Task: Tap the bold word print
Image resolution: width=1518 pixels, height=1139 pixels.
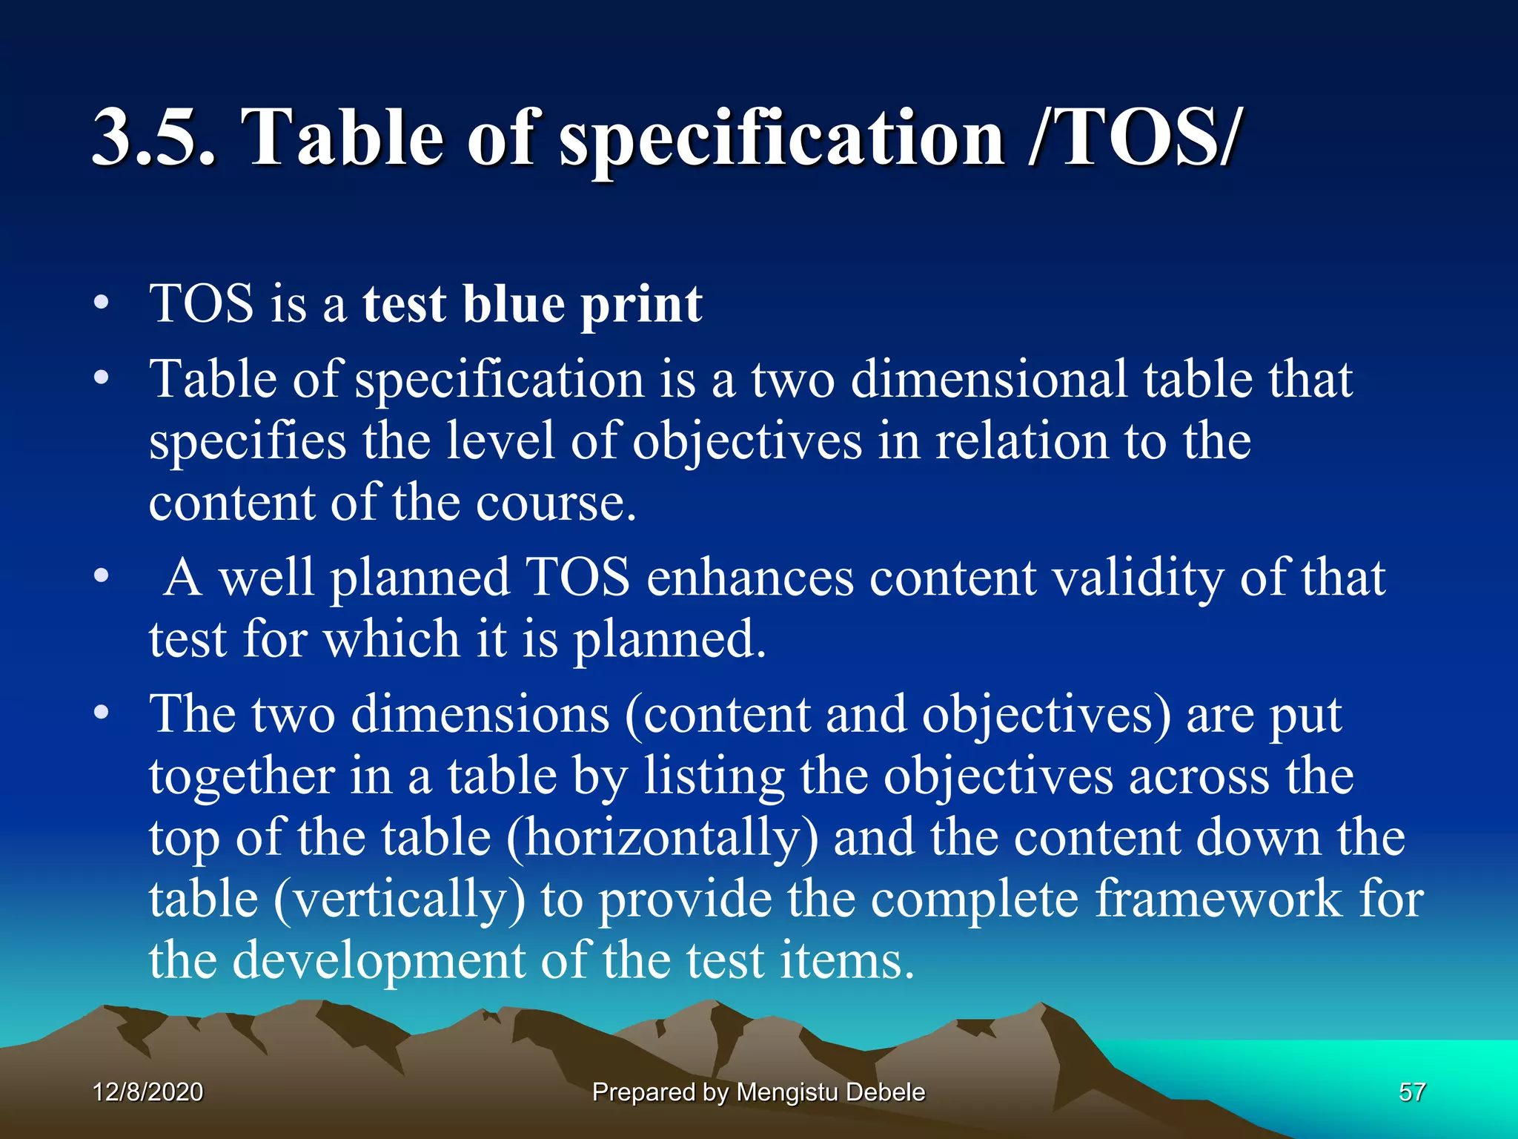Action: point(641,306)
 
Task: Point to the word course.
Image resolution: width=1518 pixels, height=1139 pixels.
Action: point(556,503)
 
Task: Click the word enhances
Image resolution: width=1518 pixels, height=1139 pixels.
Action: point(750,578)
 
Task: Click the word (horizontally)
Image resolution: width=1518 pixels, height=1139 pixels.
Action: point(663,839)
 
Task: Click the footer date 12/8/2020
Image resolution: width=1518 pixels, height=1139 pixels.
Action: point(148,1092)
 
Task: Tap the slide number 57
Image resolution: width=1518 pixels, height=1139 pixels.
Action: point(1411,1092)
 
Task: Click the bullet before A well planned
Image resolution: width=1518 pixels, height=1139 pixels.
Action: point(102,576)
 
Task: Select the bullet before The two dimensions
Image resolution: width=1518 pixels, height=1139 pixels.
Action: point(102,713)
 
